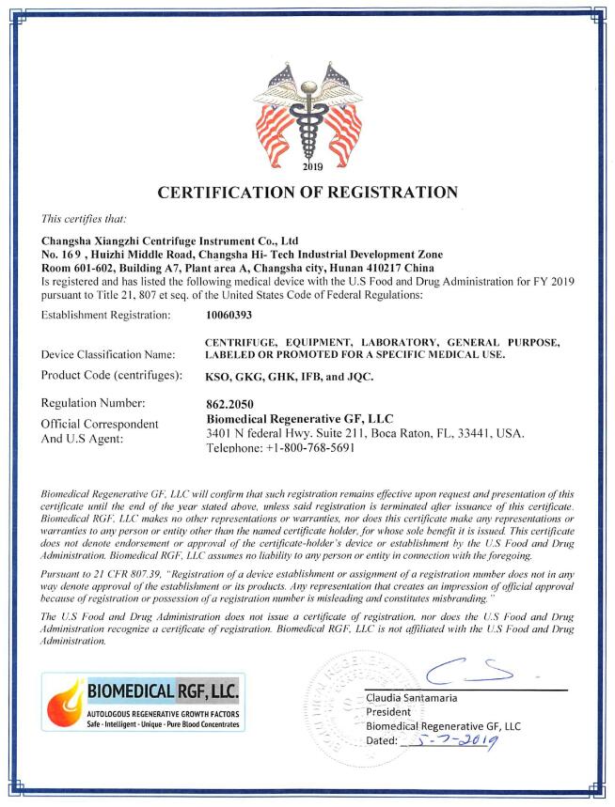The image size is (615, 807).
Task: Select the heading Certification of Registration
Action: pyautogui.click(x=307, y=194)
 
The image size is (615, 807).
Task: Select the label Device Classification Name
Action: pyautogui.click(x=109, y=355)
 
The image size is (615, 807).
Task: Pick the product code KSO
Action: pyautogui.click(x=218, y=377)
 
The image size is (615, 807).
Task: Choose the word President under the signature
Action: pyautogui.click(x=388, y=712)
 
